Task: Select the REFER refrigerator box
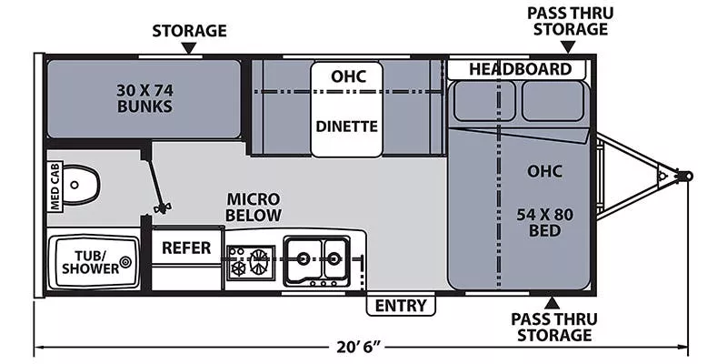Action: (186, 248)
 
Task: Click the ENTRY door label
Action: (401, 306)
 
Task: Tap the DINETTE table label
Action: (346, 126)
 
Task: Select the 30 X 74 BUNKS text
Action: (144, 97)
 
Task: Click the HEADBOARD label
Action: (520, 69)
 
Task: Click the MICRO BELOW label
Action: (254, 207)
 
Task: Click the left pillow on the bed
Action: (483, 102)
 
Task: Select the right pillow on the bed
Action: (553, 102)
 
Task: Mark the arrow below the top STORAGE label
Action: (189, 49)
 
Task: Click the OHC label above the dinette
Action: (346, 76)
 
